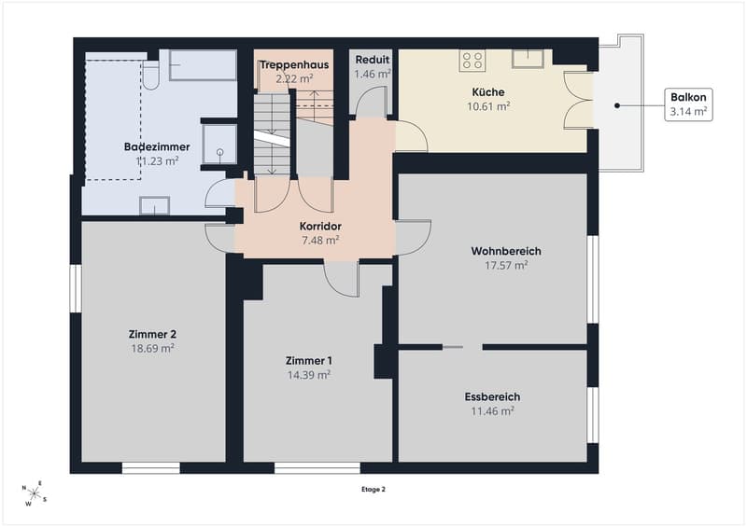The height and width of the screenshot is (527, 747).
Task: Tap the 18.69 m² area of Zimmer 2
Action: pos(152,349)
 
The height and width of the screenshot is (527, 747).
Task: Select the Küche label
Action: pos(488,92)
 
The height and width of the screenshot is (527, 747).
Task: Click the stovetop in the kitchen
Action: pos(472,61)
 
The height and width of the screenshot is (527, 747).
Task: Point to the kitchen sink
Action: pos(528,59)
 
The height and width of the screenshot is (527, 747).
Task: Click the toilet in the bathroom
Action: pos(151,76)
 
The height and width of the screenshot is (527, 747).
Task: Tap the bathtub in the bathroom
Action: pos(203,65)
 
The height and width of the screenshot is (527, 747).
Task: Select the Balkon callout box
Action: pos(688,104)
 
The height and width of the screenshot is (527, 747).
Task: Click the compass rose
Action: pos(35,493)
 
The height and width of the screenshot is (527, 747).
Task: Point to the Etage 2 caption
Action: pos(373,490)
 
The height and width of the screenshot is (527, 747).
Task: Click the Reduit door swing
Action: pos(371,103)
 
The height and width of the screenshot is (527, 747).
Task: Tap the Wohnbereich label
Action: pos(506,251)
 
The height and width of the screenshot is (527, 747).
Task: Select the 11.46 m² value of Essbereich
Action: pos(493,410)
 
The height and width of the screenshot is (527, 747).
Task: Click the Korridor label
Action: pos(320,226)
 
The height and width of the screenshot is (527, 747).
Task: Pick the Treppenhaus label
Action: pos(294,64)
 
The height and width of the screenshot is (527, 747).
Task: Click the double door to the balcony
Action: pos(578,100)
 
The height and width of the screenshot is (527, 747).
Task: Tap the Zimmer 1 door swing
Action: pos(341,279)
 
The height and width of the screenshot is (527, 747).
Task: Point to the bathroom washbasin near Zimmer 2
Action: pos(154,205)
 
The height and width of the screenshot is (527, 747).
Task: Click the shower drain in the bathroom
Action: pos(220,152)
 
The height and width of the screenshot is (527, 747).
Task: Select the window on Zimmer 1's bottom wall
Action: pos(317,467)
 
